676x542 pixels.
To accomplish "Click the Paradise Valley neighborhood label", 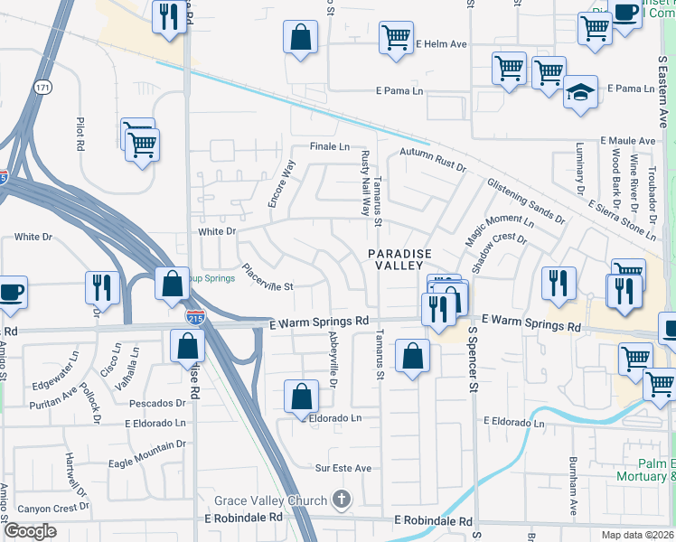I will [399, 260].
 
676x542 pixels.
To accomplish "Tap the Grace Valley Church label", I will [268, 500].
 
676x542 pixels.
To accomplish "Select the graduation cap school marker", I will [580, 93].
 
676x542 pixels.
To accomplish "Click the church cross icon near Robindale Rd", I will [341, 499].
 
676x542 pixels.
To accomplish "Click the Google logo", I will [30, 531].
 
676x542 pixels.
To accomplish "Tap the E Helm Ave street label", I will [441, 43].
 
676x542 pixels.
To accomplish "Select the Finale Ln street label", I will [330, 146].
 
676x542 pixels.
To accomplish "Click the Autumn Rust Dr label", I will [432, 160].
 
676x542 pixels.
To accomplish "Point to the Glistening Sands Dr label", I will [525, 201].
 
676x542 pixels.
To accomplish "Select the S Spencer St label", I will [472, 360].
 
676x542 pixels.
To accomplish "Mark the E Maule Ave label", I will [627, 142].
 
